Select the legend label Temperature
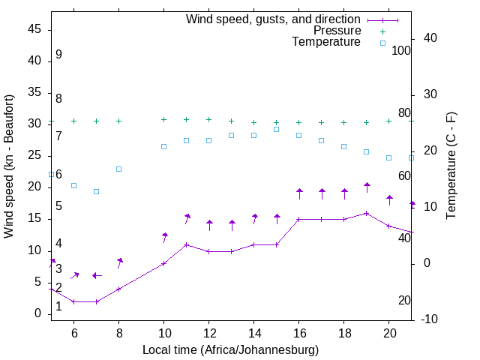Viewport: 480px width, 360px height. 326,42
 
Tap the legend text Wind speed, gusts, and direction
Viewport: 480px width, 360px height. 273,19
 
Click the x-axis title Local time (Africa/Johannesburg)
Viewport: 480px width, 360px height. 231,350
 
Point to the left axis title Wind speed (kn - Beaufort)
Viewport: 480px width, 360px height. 9,166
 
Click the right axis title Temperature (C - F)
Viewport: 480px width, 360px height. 451,166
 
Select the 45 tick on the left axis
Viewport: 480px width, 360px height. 34,28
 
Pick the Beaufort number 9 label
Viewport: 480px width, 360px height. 58,55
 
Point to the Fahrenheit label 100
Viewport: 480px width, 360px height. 401,50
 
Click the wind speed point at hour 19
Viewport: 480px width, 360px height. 367,213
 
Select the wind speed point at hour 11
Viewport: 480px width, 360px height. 187,244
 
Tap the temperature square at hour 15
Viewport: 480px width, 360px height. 277,129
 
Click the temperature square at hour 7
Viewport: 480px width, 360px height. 96,191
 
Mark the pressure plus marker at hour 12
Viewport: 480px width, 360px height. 209,119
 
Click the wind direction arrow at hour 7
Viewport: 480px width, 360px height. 96,275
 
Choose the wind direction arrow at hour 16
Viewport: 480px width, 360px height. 299,193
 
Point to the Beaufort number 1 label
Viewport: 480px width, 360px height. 58,306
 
